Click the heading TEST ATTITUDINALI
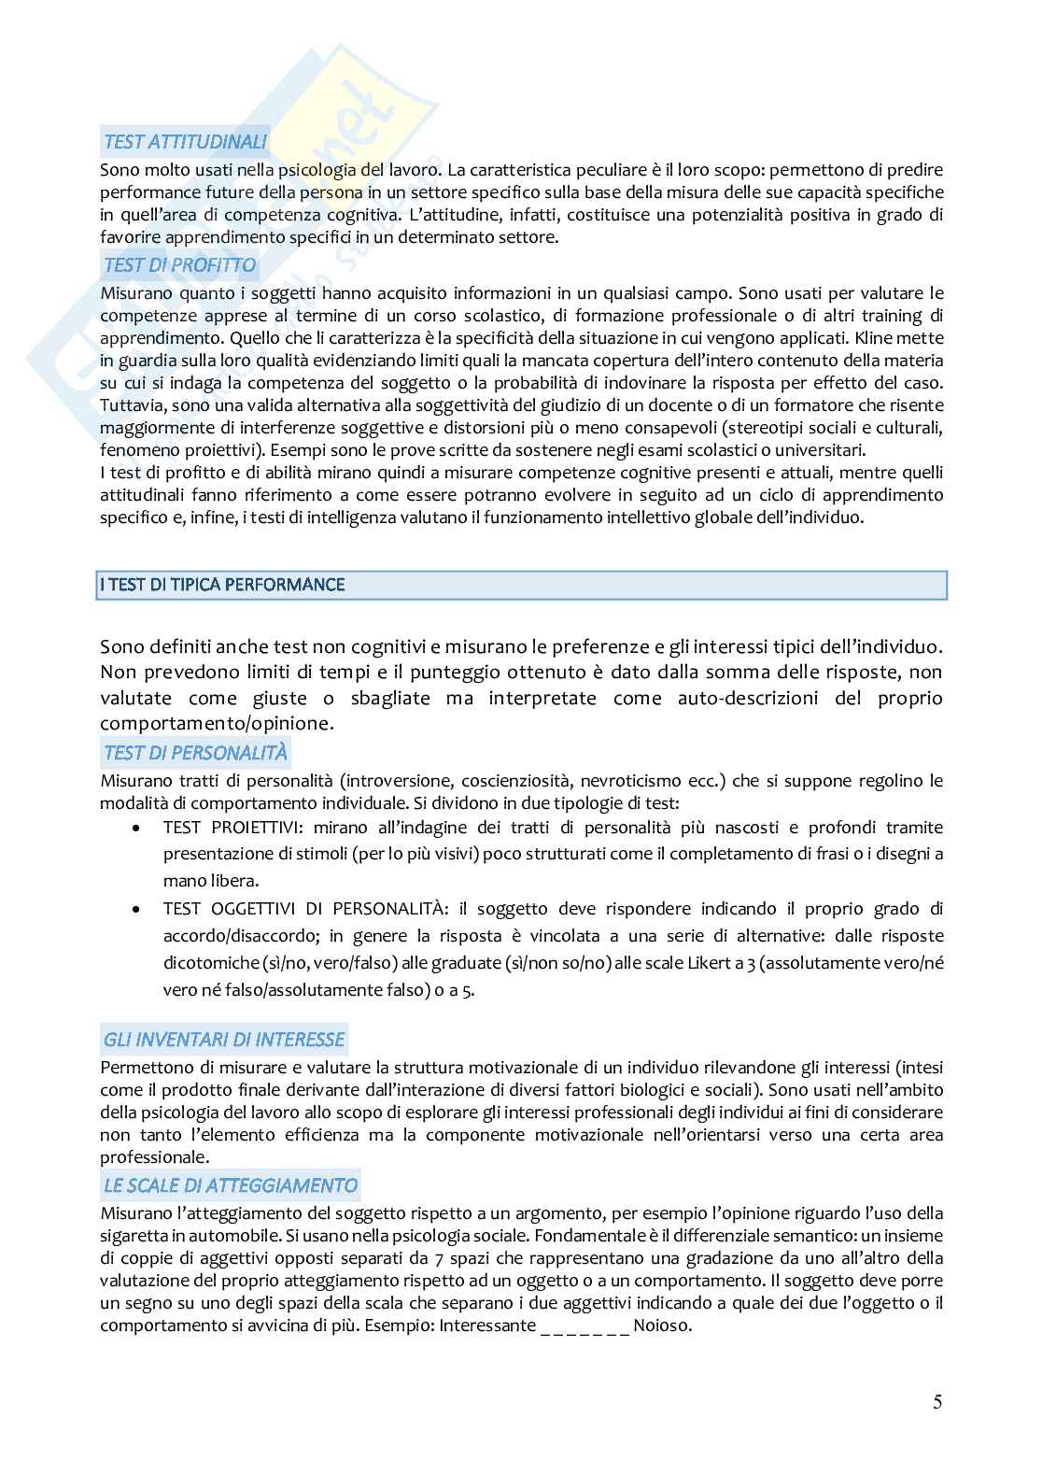click(x=185, y=142)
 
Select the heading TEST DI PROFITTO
click(x=179, y=265)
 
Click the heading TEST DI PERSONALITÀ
click(x=195, y=753)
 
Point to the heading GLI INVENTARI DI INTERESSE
click(x=224, y=1040)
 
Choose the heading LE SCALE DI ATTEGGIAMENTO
click(x=230, y=1185)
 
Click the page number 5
click(x=937, y=1401)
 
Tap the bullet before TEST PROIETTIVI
click(x=137, y=828)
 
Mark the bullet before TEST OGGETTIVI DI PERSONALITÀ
click(x=137, y=908)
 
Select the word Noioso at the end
click(x=662, y=1325)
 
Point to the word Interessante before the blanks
click(x=486, y=1325)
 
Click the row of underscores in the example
click(x=584, y=1325)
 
